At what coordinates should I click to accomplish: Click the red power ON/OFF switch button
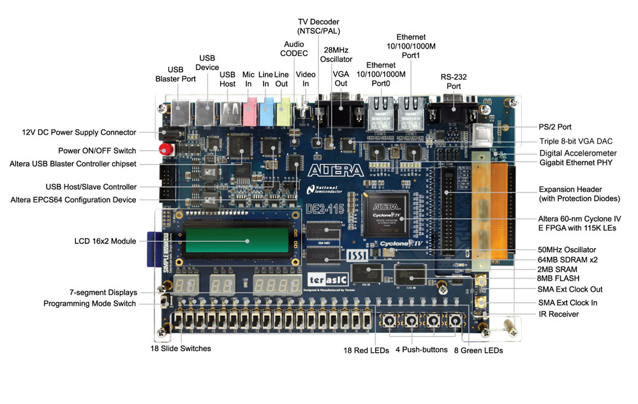click(165, 151)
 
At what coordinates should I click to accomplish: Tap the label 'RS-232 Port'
click(454, 82)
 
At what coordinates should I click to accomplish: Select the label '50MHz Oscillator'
click(567, 249)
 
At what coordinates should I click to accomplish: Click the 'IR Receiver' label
click(559, 314)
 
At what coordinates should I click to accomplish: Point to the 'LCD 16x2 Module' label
click(105, 241)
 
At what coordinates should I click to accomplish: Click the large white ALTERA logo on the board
click(335, 170)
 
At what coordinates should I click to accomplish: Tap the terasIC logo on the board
click(327, 280)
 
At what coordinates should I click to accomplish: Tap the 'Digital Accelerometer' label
click(577, 153)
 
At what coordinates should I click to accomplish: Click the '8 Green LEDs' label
click(478, 350)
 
